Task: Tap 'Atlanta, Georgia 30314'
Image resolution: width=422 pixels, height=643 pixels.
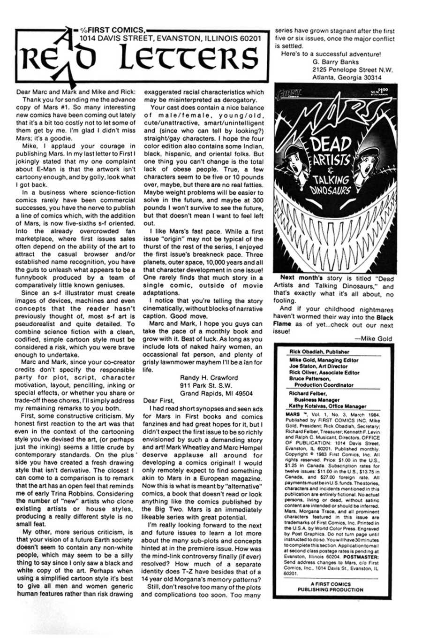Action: (x=346, y=77)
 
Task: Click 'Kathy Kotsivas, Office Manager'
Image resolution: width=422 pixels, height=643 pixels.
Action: (x=327, y=406)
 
